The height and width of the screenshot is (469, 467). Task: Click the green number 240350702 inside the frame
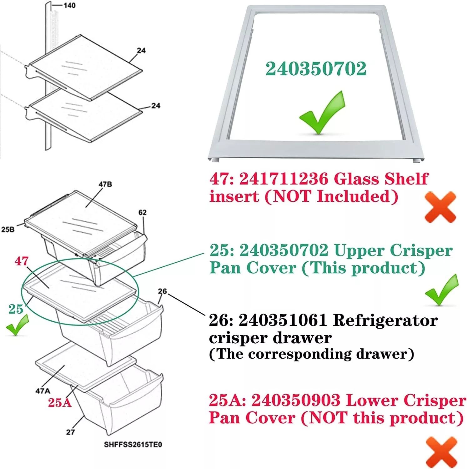click(x=316, y=69)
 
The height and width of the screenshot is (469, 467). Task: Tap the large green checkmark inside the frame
click(x=322, y=113)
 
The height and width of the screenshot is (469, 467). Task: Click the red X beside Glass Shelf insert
click(x=440, y=207)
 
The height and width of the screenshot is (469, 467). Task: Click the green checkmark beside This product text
click(x=442, y=290)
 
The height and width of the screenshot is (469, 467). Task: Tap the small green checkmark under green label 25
click(x=17, y=325)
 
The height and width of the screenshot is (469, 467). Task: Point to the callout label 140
click(x=69, y=5)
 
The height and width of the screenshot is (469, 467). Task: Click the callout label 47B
click(x=105, y=184)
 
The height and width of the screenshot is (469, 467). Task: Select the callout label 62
click(x=143, y=212)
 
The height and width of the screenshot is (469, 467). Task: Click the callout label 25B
click(x=8, y=229)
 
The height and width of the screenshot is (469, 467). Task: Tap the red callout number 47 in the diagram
click(x=21, y=261)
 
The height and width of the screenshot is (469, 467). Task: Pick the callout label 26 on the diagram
click(x=162, y=291)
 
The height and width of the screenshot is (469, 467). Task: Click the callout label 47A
click(x=43, y=391)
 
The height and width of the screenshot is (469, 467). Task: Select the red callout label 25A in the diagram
click(x=60, y=402)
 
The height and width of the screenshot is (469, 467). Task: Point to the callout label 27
click(x=70, y=432)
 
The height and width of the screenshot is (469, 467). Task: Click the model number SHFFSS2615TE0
click(x=133, y=444)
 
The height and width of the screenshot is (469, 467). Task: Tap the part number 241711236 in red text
click(x=284, y=179)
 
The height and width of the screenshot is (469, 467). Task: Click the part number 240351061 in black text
click(x=283, y=320)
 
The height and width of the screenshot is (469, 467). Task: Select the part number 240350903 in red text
click(x=296, y=400)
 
